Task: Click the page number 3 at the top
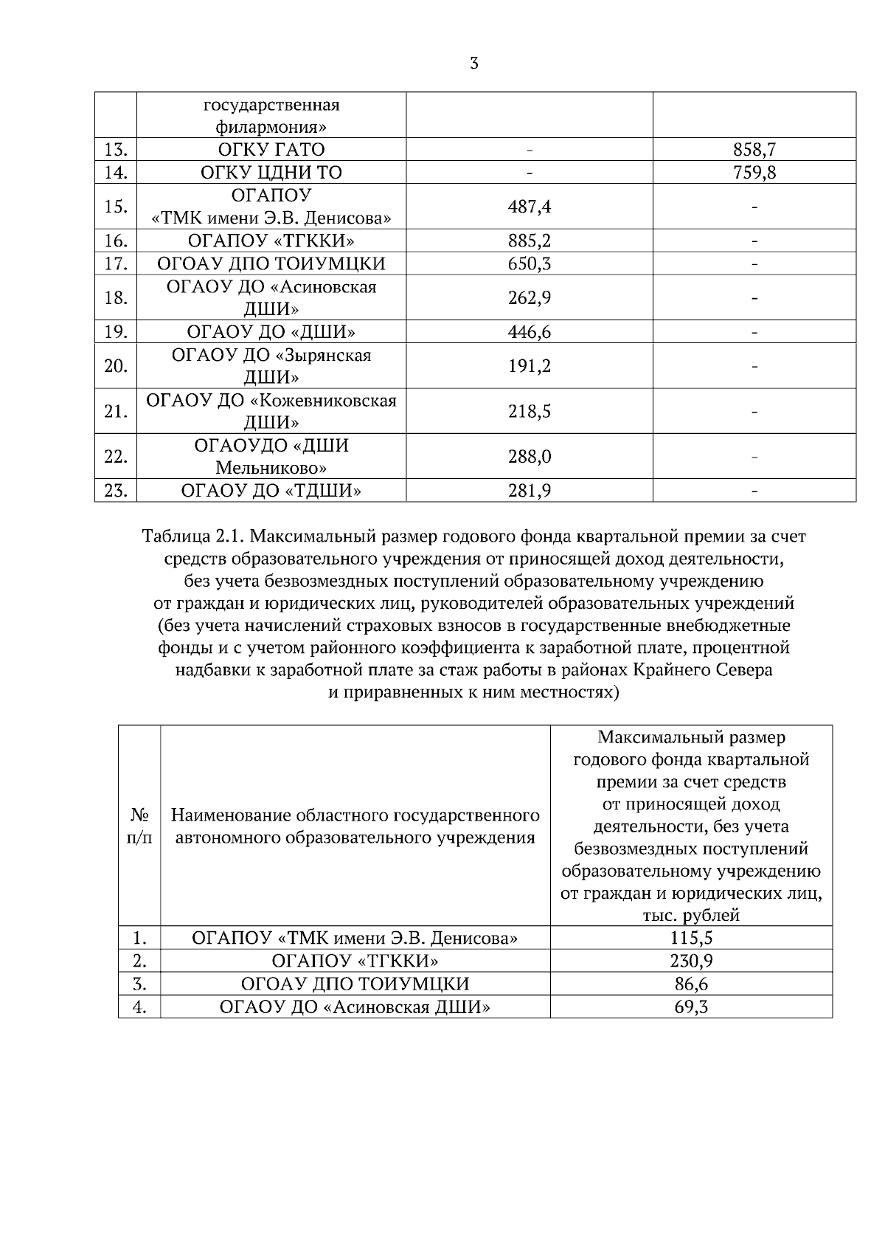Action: point(473,63)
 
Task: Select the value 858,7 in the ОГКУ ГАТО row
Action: point(754,150)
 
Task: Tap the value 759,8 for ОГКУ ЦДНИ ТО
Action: point(754,173)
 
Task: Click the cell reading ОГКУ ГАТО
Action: point(271,150)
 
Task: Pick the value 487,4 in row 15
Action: point(529,207)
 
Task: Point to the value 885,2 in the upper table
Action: point(529,241)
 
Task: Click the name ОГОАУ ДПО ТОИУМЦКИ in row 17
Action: point(271,263)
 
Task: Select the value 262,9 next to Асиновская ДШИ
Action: point(529,297)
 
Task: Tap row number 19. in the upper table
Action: point(116,332)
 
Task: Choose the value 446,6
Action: point(529,332)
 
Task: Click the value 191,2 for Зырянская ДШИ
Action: point(529,366)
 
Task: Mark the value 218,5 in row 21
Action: point(529,411)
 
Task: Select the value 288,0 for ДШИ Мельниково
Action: point(529,457)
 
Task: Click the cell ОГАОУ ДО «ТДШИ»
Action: point(271,491)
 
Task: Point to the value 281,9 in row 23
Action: point(529,491)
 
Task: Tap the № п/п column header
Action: point(139,826)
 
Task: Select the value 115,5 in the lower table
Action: point(691,938)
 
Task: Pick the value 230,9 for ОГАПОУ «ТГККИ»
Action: point(691,961)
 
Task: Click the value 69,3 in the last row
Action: point(691,1007)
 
